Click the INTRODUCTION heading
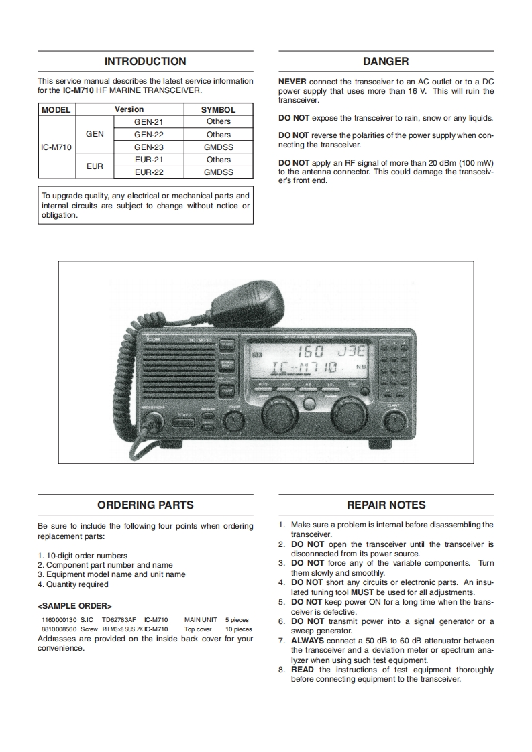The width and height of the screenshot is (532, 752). coord(146,62)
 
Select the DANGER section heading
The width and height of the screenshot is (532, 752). coord(386,62)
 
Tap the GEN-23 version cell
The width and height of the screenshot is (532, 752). coord(148,147)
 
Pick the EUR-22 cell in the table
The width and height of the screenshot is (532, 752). coord(148,172)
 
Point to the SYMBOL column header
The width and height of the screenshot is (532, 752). coord(218,109)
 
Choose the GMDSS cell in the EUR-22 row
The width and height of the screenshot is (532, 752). coord(218,172)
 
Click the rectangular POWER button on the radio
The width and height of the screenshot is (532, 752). coord(182,423)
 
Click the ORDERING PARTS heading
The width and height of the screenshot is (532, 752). coord(146,505)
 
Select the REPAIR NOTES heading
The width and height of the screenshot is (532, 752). coord(386,505)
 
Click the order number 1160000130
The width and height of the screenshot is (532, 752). coord(59,621)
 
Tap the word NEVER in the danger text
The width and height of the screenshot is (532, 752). coord(292,82)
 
